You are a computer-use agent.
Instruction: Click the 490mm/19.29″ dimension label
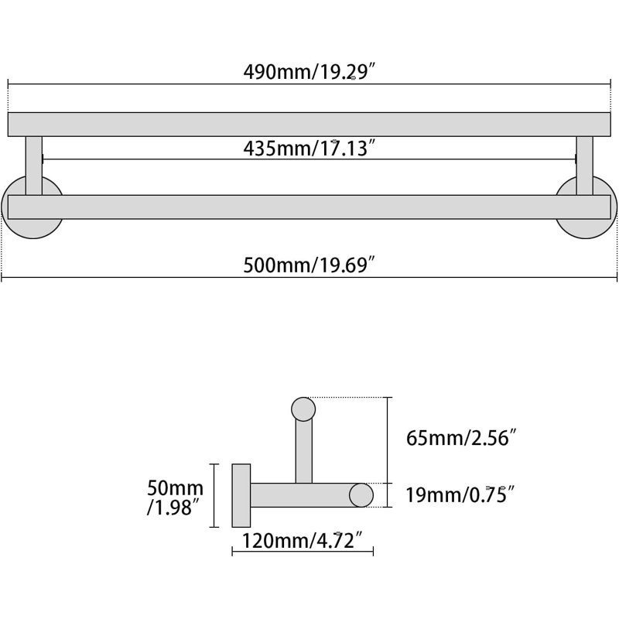[x=309, y=72]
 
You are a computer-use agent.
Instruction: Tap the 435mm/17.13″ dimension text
[x=309, y=149]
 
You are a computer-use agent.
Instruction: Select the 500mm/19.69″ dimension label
[x=309, y=265]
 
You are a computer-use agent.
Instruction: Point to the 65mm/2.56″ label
[x=461, y=438]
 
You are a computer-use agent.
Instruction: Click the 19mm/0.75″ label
[x=460, y=494]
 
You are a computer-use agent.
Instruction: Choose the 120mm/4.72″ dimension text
[x=303, y=540]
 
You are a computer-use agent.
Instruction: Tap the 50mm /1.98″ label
[x=176, y=498]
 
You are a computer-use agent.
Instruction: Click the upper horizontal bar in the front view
[x=309, y=125]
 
